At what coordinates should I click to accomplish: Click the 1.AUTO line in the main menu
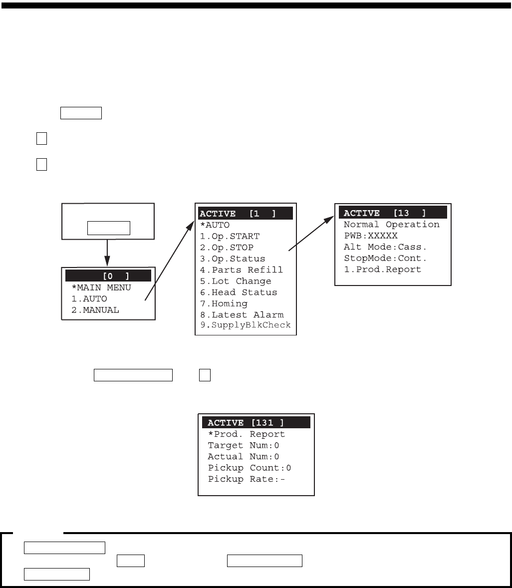[89, 299]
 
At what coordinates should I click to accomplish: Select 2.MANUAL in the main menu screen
[94, 310]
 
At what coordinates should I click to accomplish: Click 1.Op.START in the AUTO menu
[230, 237]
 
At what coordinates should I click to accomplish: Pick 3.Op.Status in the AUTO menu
[233, 259]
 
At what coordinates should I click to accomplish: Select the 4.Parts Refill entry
[242, 270]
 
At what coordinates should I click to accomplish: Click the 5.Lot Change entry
[236, 281]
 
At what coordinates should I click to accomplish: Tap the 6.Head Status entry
[239, 293]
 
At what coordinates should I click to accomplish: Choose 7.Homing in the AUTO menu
[224, 303]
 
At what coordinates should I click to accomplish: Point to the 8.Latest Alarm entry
[242, 315]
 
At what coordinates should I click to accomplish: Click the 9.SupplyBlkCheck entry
[245, 325]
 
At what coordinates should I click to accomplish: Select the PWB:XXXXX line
[370, 236]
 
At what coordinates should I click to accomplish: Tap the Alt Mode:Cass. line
[385, 247]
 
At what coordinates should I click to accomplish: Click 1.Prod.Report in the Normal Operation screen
[382, 270]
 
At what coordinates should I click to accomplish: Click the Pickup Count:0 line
[250, 468]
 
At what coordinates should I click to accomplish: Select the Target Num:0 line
[244, 446]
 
